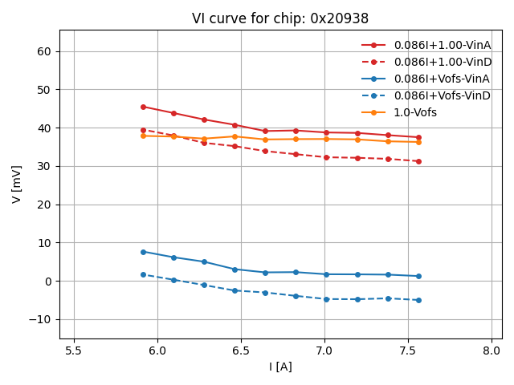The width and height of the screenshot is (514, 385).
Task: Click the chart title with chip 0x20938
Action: point(279,18)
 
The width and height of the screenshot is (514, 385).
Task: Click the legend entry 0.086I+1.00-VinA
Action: point(442,45)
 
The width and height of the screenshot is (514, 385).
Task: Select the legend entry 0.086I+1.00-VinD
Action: point(442,62)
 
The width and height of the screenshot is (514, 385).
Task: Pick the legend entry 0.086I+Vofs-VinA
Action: point(442,79)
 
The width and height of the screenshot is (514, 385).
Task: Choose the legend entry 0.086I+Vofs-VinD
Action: point(442,95)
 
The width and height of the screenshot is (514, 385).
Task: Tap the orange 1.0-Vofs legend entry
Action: point(421,112)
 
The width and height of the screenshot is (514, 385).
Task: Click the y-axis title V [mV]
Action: point(17,184)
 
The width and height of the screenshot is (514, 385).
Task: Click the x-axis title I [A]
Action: point(279,367)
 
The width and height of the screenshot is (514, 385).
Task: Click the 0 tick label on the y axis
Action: point(47,281)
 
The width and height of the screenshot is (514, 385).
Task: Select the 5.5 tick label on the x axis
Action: point(74,350)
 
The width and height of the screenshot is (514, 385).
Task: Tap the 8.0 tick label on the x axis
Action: point(492,350)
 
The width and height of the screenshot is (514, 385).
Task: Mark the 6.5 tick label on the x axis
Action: point(241,350)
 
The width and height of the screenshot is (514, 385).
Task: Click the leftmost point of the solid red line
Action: point(143,107)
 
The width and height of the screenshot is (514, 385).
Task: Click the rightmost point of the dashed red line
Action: point(418,161)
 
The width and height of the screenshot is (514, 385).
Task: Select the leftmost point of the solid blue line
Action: point(143,252)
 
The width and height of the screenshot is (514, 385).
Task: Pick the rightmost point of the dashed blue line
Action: point(418,300)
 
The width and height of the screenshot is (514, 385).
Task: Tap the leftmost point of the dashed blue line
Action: point(143,274)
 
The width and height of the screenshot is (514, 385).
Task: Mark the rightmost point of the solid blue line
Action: point(418,276)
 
